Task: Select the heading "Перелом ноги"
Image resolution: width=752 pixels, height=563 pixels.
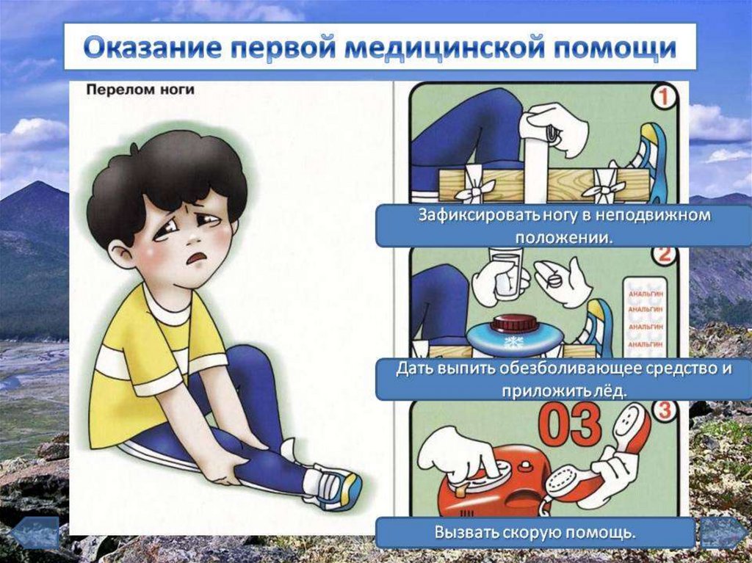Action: click(140, 90)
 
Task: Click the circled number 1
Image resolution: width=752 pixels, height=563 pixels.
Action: click(664, 98)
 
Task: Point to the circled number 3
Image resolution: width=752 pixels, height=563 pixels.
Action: click(664, 411)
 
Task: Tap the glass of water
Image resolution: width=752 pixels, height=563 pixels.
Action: click(506, 275)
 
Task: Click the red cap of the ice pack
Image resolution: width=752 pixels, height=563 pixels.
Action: click(513, 323)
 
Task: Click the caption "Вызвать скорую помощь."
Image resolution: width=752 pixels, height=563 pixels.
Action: click(535, 532)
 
